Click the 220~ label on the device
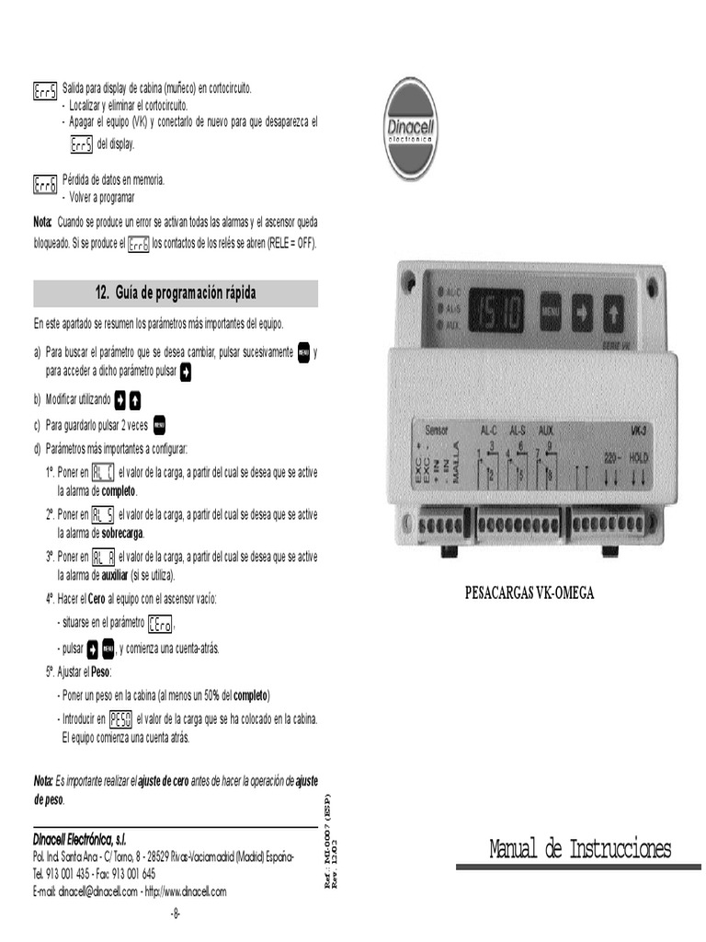[x=613, y=456]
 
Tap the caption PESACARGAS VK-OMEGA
[x=529, y=592]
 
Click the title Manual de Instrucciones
[x=580, y=848]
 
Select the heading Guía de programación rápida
[x=176, y=293]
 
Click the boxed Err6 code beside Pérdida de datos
[x=45, y=185]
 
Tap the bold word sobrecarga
[x=122, y=533]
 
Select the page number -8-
[x=176, y=913]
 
